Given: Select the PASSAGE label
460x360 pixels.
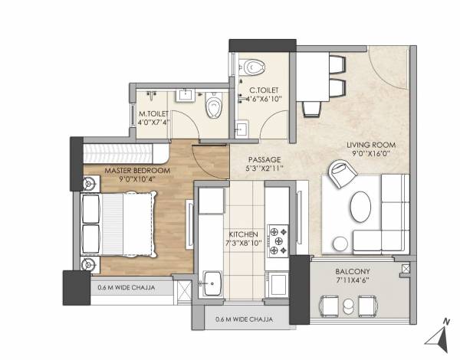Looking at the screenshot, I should pos(264,159).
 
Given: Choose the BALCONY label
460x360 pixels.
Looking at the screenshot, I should pos(353,272).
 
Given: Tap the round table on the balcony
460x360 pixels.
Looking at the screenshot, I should pos(349,306).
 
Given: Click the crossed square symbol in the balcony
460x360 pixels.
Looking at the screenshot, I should pos(405,269).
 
